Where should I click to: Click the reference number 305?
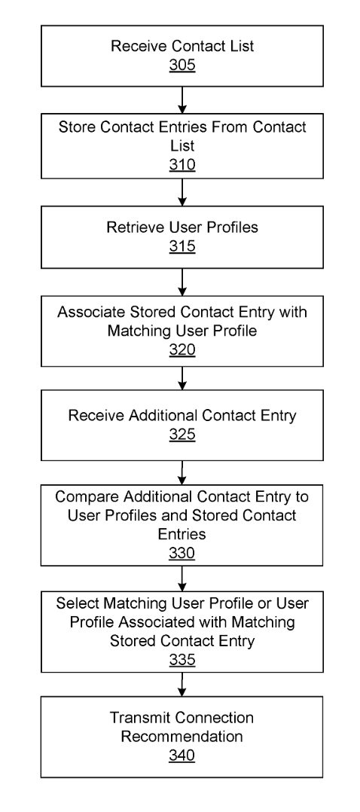pyautogui.click(x=182, y=66)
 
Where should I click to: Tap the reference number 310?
pyautogui.click(x=182, y=165)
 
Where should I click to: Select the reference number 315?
pyautogui.click(x=182, y=246)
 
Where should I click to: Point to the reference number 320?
pyautogui.click(x=182, y=350)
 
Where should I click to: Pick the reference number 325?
pyautogui.click(x=182, y=434)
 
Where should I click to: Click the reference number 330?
pyautogui.click(x=182, y=553)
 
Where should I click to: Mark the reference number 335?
pyautogui.click(x=182, y=660)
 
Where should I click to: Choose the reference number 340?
pyautogui.click(x=182, y=755)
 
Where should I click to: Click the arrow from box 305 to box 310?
pyautogui.click(x=182, y=100)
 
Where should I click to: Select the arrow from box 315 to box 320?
pyautogui.click(x=182, y=282)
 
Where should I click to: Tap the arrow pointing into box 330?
pyautogui.click(x=182, y=473)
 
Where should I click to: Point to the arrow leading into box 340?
pyautogui.click(x=182, y=685)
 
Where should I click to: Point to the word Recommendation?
pyautogui.click(x=182, y=737)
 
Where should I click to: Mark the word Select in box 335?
pyautogui.click(x=78, y=603)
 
